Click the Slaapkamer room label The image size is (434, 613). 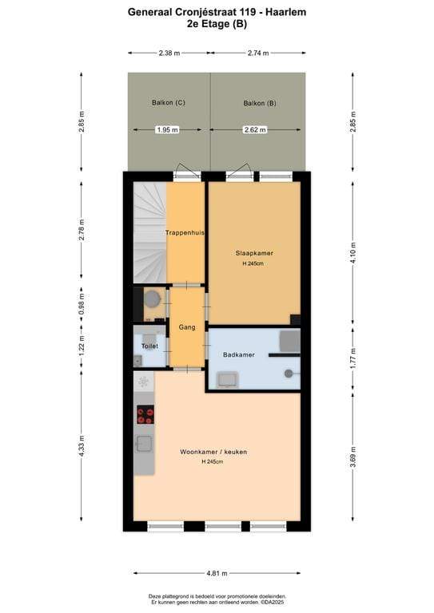pos(254,253)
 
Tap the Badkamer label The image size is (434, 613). pos(239,354)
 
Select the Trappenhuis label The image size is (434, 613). pos(185,232)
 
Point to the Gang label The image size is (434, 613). pos(187,326)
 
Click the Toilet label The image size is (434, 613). pos(150,346)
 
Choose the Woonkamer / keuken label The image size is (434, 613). pos(213,452)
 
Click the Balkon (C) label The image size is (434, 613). pos(169,102)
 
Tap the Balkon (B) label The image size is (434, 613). pos(260,103)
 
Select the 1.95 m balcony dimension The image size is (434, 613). pos(168,130)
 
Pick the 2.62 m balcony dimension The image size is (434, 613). pos(255,130)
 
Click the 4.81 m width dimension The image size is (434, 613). pos(217,574)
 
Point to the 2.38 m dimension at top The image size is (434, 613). pos(169,53)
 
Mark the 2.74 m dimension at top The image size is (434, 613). pos(258,53)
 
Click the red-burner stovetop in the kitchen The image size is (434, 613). pos(145,414)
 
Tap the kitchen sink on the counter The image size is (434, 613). pos(144,444)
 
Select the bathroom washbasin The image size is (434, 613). pos(228,380)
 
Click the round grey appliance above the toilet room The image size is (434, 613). pos(152,299)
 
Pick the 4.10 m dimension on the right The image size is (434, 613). pos(353,252)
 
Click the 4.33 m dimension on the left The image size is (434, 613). pos(82,445)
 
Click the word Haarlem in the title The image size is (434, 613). pos(285,12)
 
